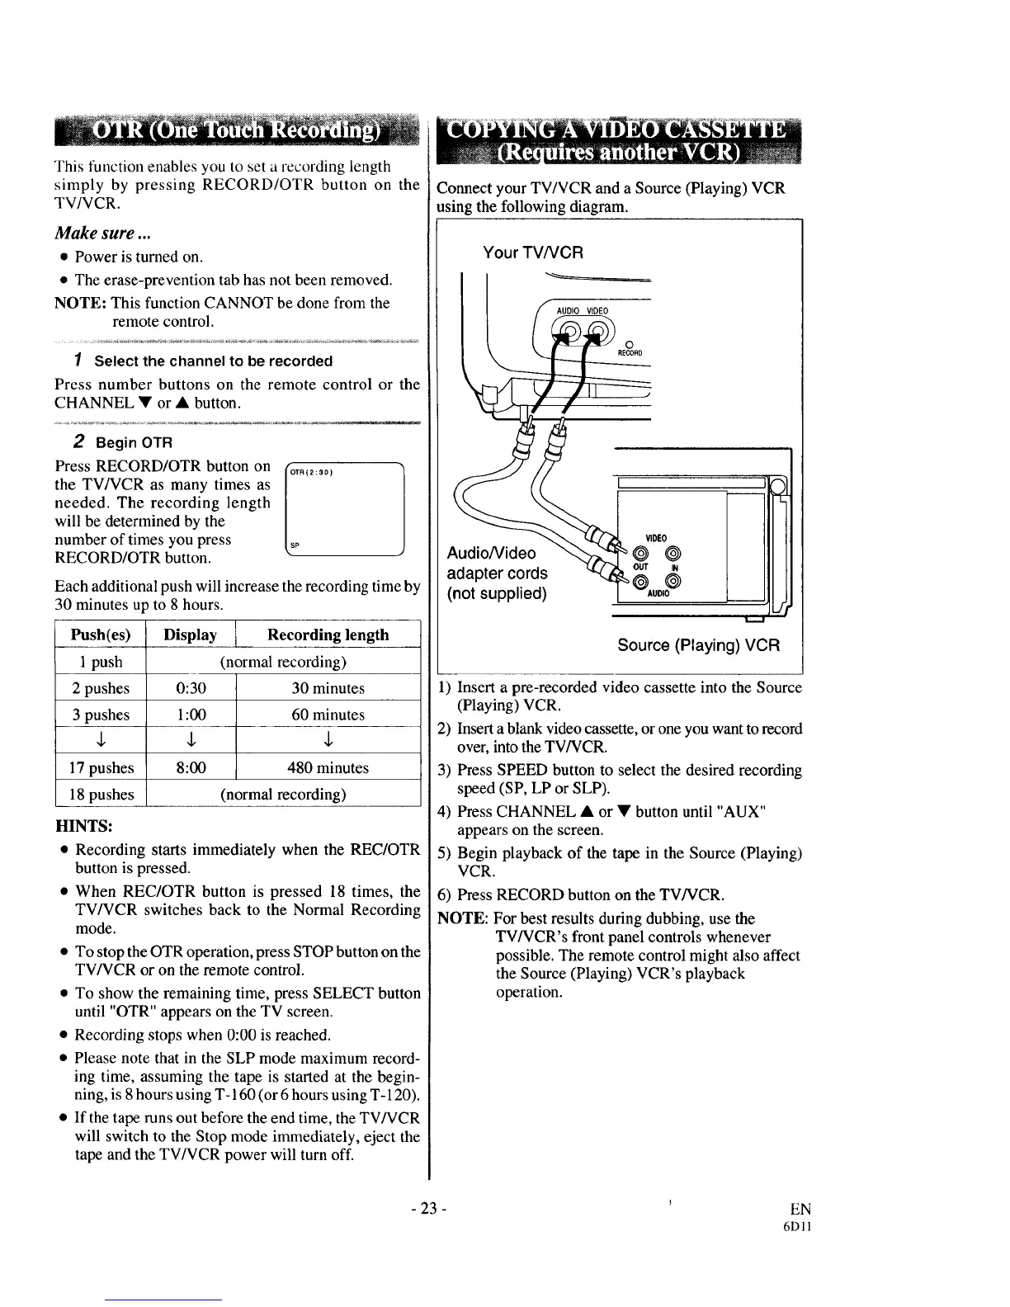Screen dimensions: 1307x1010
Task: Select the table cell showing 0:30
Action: [191, 688]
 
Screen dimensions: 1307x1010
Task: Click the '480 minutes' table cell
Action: [328, 767]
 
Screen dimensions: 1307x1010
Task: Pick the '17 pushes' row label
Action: [101, 767]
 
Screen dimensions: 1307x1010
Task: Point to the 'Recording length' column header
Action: [328, 635]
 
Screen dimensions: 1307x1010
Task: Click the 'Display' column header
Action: [191, 635]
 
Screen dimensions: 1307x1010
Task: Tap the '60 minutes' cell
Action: [328, 715]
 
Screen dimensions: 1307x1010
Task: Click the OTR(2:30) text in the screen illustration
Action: [309, 473]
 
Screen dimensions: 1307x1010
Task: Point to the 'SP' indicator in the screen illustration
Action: [294, 545]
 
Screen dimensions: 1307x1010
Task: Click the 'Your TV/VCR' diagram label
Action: [533, 252]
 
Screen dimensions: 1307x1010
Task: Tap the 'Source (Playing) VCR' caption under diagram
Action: [698, 645]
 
